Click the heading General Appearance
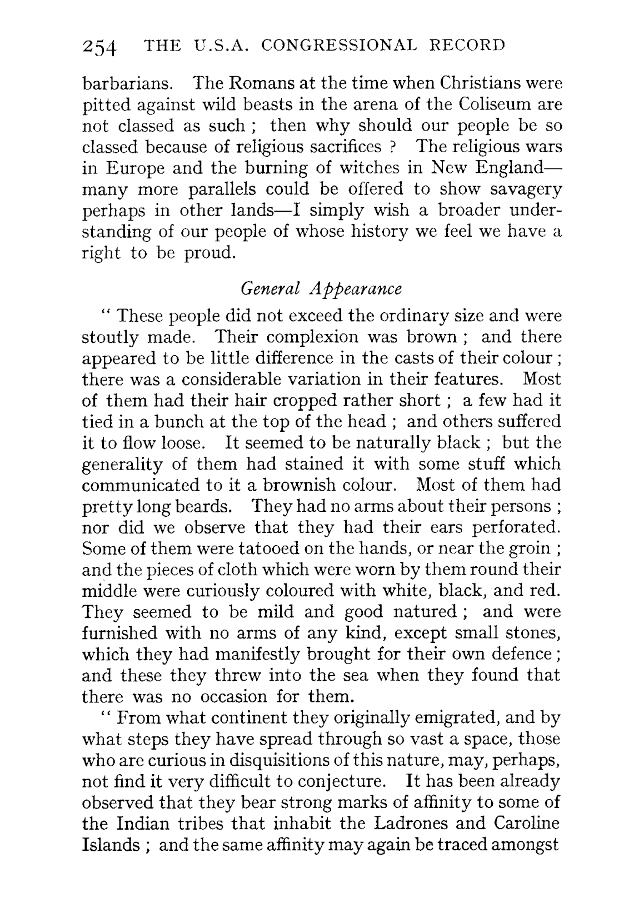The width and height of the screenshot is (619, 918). tap(321, 289)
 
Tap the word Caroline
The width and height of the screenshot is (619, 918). tap(526, 824)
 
